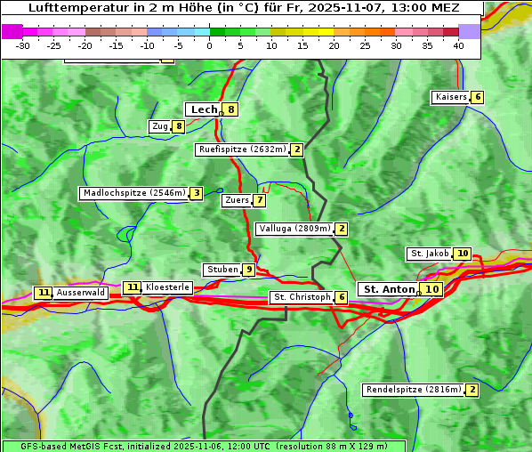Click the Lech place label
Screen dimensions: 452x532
[204, 109]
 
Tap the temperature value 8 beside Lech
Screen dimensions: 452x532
[231, 110]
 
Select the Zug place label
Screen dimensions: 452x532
[160, 126]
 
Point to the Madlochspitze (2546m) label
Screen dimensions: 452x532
[133, 193]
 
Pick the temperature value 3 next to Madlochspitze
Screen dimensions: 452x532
[196, 193]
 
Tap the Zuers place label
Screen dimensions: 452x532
[237, 200]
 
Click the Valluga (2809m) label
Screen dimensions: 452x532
[294, 229]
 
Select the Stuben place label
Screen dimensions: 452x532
[222, 270]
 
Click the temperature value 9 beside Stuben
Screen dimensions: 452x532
[249, 270]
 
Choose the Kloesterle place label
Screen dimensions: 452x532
[167, 287]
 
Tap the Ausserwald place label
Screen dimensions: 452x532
[81, 292]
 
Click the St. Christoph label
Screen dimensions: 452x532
[302, 297]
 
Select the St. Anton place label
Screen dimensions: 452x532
[390, 289]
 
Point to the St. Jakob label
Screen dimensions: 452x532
[430, 254]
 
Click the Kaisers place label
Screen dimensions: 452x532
[450, 97]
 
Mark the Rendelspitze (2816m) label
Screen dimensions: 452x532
[415, 390]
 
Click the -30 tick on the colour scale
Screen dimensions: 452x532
[23, 45]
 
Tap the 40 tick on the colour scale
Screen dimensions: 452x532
[458, 45]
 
